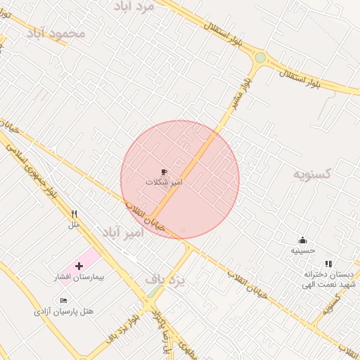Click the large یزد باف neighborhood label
click(x=165, y=280)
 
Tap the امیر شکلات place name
click(x=164, y=182)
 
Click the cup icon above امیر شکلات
click(x=164, y=172)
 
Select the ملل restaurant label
click(x=74, y=225)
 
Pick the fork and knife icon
click(x=74, y=214)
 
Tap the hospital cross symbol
click(x=78, y=266)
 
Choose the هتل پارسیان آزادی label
click(x=63, y=311)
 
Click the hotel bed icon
click(x=64, y=300)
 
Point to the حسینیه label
click(x=303, y=250)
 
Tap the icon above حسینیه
click(x=303, y=240)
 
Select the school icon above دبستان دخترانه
click(x=328, y=264)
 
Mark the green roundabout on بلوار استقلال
click(x=260, y=58)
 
